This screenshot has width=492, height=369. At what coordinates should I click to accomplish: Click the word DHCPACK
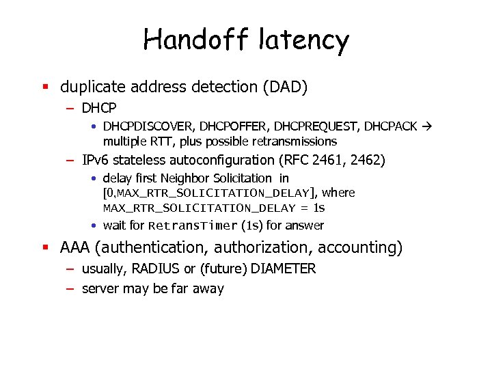pyautogui.click(x=391, y=127)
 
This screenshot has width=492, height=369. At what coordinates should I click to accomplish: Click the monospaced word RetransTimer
pyautogui.click(x=193, y=225)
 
